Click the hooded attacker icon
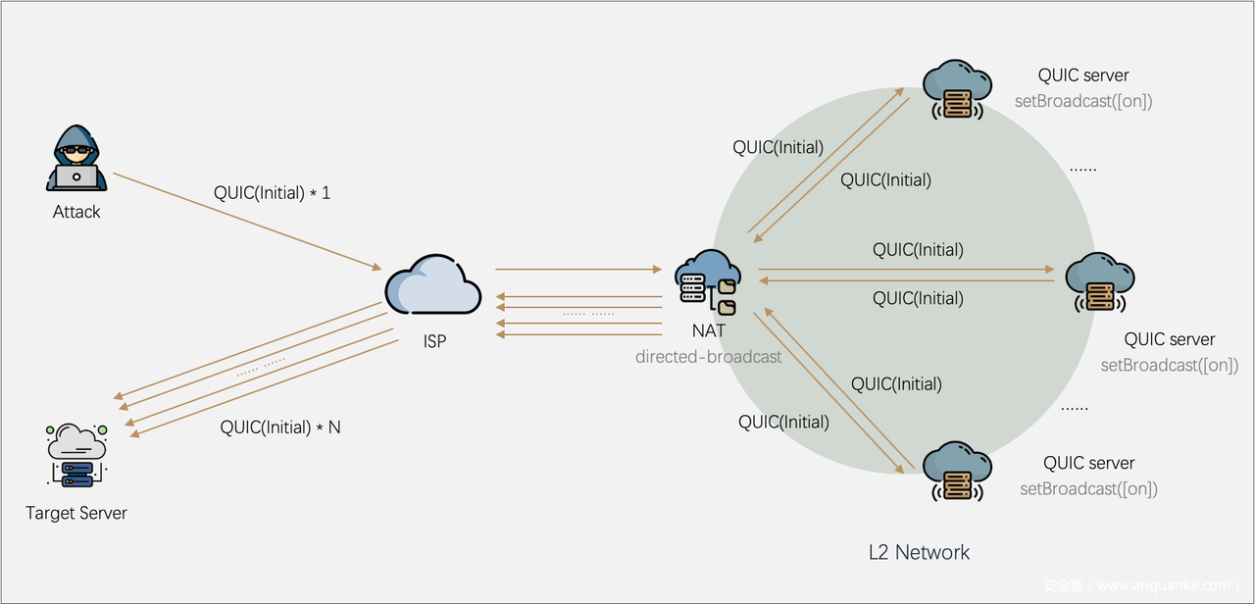(x=76, y=159)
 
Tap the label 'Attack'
(x=76, y=212)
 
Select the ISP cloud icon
(x=433, y=286)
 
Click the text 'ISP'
(x=434, y=341)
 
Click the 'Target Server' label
(x=76, y=513)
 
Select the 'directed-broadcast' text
(x=708, y=357)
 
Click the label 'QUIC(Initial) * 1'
(x=273, y=193)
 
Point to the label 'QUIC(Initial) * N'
(x=280, y=428)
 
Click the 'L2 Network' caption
(x=919, y=552)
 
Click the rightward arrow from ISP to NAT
(x=578, y=269)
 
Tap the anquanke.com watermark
(x=1142, y=585)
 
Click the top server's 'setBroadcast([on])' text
(x=1083, y=101)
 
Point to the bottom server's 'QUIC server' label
(x=1088, y=464)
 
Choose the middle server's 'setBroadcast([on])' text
(x=1169, y=366)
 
